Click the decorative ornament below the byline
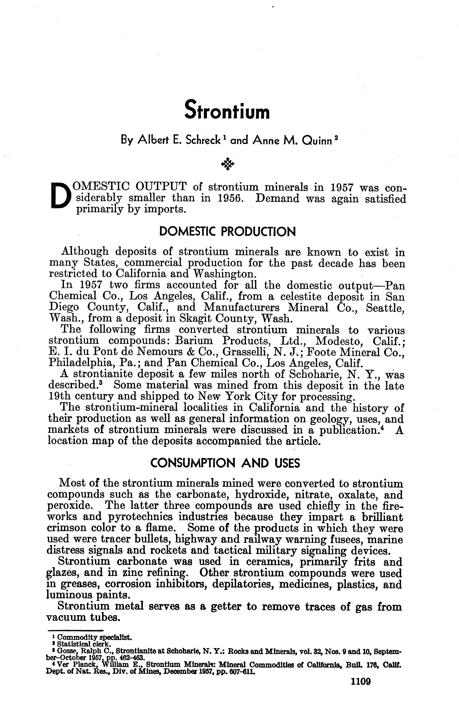tap(227, 164)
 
